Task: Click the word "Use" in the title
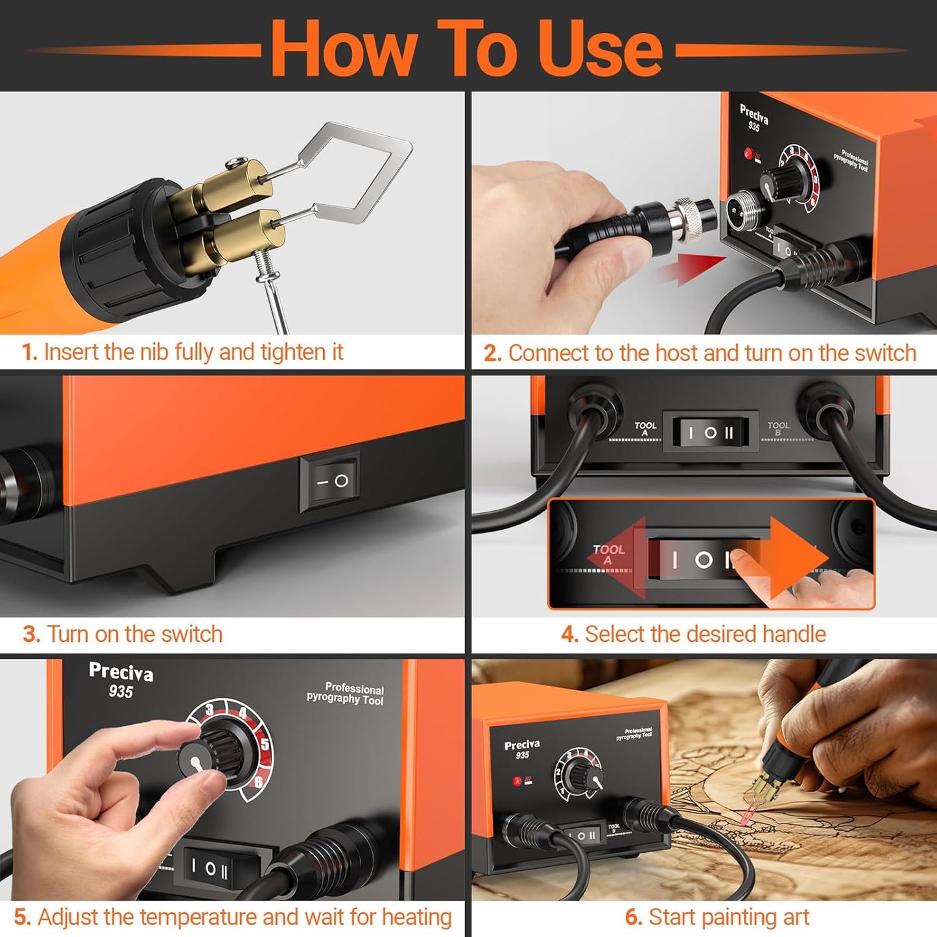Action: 600,49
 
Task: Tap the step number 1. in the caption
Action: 30,352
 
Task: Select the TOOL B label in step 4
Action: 778,428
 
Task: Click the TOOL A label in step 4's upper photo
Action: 645,428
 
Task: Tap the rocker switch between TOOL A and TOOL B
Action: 711,433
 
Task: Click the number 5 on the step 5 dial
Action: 265,744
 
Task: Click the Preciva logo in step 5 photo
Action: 121,672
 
